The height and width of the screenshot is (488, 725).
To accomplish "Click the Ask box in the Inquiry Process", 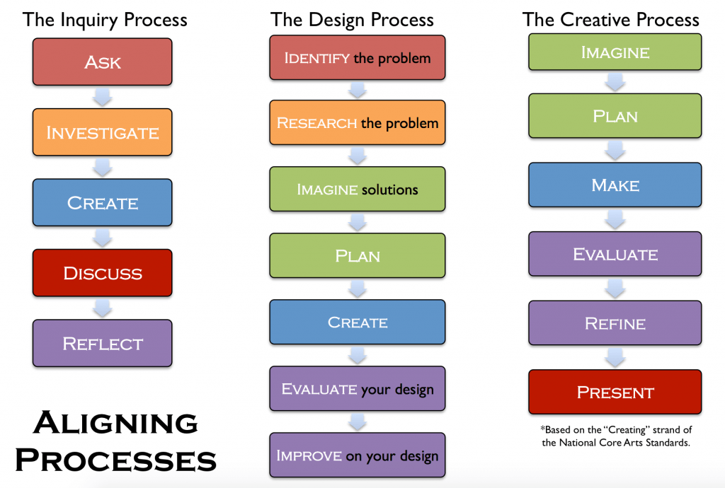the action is coord(102,62).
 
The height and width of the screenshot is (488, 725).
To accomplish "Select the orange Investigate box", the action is coord(102,132).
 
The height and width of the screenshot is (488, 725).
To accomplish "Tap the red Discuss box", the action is coord(102,273).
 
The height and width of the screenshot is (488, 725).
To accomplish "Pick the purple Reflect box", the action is coord(102,343).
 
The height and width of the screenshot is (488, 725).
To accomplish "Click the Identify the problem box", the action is coord(358,58).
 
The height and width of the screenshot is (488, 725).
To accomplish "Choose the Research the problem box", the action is coord(358,122).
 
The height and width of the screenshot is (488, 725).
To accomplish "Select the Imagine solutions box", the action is coord(358,189).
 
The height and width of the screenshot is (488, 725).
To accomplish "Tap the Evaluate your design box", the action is coord(358,388).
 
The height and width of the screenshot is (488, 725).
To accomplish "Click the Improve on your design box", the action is coord(358,455).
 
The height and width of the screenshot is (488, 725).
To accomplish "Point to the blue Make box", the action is coord(615,185).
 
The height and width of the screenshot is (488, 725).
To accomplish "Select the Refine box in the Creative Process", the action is coord(615,323).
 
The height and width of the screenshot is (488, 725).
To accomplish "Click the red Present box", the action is coord(615,392).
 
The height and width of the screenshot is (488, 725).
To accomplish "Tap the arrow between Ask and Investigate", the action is coord(102,97).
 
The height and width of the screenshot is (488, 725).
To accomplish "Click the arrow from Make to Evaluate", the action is coord(615,219).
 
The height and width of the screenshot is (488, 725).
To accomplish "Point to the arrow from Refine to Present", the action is coord(615,357).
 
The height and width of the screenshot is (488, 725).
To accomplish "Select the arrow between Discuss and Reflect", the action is coord(102,308).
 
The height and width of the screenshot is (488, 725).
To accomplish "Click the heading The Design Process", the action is coord(352,20).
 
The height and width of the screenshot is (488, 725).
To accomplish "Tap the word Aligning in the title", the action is coord(115,422).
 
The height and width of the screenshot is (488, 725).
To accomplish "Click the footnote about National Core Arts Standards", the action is coord(616,436).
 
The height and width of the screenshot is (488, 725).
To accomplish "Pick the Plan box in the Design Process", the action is coord(358,255).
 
